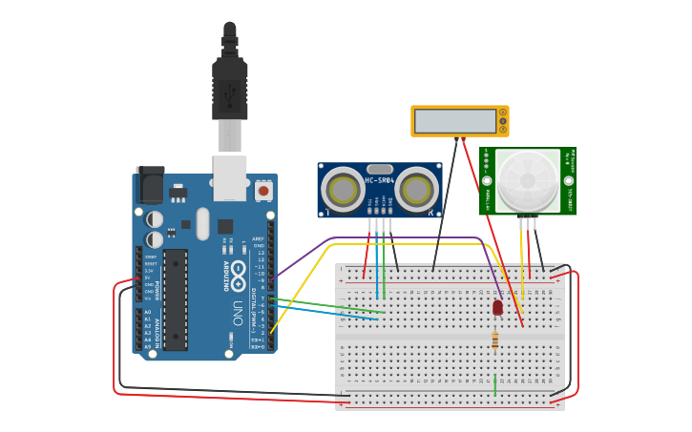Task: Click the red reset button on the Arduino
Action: [x=262, y=191]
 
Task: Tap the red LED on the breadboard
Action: [x=497, y=307]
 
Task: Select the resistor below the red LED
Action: [x=494, y=339]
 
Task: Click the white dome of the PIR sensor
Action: [x=528, y=180]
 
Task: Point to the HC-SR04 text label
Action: [x=379, y=180]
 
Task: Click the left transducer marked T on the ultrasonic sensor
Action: [x=342, y=190]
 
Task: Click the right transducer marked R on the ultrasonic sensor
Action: [x=417, y=190]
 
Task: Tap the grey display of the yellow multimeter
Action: [x=454, y=121]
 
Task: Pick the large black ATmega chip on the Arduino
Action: [x=176, y=299]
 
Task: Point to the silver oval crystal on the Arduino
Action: [x=202, y=224]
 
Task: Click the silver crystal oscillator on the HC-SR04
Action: [x=379, y=169]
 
